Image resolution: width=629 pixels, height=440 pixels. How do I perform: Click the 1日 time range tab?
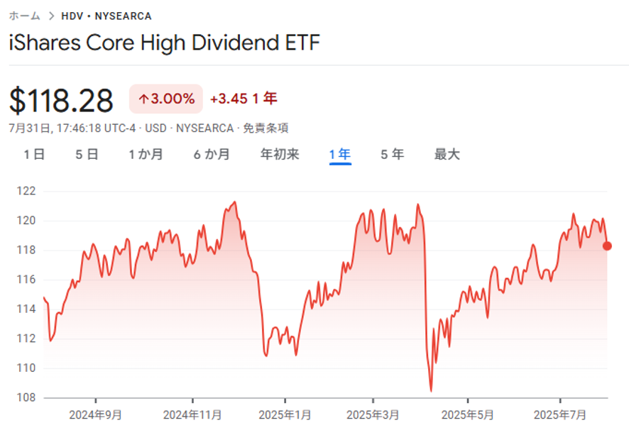[33, 154]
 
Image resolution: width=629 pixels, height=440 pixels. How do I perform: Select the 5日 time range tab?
[87, 154]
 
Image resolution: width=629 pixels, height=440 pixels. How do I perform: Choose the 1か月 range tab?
[146, 154]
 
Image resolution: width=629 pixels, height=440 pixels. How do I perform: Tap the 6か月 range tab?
[212, 154]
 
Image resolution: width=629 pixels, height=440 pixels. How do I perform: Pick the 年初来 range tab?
[280, 154]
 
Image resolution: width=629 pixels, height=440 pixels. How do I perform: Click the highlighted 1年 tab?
[340, 154]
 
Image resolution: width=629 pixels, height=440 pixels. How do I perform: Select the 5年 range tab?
[392, 154]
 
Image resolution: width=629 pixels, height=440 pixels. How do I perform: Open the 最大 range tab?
[447, 154]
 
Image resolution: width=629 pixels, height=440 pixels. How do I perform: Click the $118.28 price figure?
[61, 100]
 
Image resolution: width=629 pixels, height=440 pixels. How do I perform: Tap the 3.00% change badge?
[166, 99]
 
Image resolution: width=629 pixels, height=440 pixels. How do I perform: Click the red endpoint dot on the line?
[607, 246]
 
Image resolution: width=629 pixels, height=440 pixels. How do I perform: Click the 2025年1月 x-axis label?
[284, 414]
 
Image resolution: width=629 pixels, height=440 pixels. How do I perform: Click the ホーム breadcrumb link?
[24, 16]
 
